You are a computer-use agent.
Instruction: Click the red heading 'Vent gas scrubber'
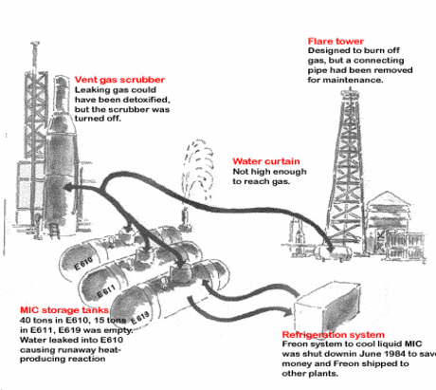(x=119, y=80)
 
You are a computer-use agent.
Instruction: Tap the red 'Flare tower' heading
(x=336, y=41)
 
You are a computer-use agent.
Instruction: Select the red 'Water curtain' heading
(x=266, y=161)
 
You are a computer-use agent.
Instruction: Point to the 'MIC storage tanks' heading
(x=64, y=310)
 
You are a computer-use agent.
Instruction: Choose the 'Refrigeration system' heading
(x=334, y=335)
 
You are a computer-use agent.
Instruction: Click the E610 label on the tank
(x=83, y=263)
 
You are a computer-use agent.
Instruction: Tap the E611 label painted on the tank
(x=106, y=291)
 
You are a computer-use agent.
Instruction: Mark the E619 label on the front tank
(x=139, y=318)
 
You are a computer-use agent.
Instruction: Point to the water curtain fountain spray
(x=198, y=169)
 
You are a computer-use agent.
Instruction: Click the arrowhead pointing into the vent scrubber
(x=68, y=187)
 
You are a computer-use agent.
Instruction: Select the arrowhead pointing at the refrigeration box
(x=287, y=312)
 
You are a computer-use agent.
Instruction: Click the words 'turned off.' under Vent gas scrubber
(x=98, y=119)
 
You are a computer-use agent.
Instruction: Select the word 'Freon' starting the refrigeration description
(x=294, y=344)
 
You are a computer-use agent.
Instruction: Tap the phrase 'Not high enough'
(x=269, y=172)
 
